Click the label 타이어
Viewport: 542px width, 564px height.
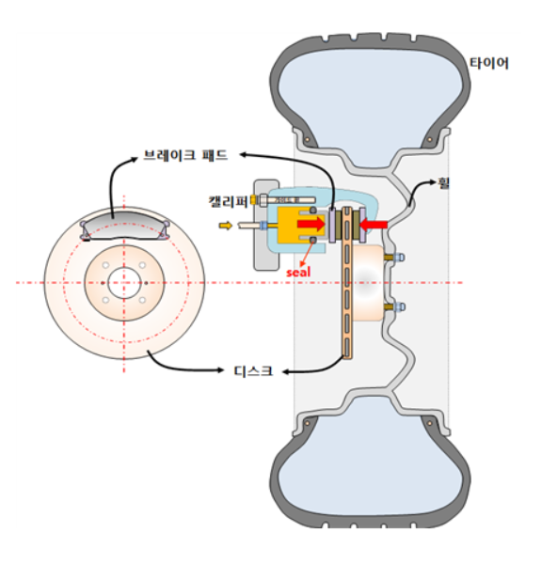tap(488, 63)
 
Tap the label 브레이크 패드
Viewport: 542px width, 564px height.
tap(185, 155)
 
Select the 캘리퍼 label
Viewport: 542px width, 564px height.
tap(229, 202)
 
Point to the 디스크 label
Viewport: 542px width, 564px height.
tap(253, 371)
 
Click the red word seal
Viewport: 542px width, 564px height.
tap(298, 273)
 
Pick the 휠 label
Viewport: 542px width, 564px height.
tap(444, 183)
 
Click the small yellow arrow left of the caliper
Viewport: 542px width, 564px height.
tap(226, 226)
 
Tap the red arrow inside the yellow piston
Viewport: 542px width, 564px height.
tap(311, 224)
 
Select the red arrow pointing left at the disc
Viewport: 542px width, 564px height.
tap(374, 225)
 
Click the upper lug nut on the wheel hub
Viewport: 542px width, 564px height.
tap(399, 258)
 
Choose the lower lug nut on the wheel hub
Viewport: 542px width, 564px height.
tap(399, 306)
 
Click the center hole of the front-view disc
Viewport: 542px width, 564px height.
tap(123, 283)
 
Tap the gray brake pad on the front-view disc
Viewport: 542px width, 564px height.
tap(124, 226)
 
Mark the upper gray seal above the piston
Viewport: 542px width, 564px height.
tap(313, 210)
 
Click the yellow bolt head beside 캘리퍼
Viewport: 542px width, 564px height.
tap(254, 200)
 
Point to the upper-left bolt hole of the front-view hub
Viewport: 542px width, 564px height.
tap(105, 265)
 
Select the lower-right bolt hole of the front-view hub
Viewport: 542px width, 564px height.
tap(142, 300)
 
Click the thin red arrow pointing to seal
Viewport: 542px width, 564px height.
tap(307, 256)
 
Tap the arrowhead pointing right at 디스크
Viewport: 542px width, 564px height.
tap(219, 369)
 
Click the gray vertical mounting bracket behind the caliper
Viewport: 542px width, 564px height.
tap(266, 226)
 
